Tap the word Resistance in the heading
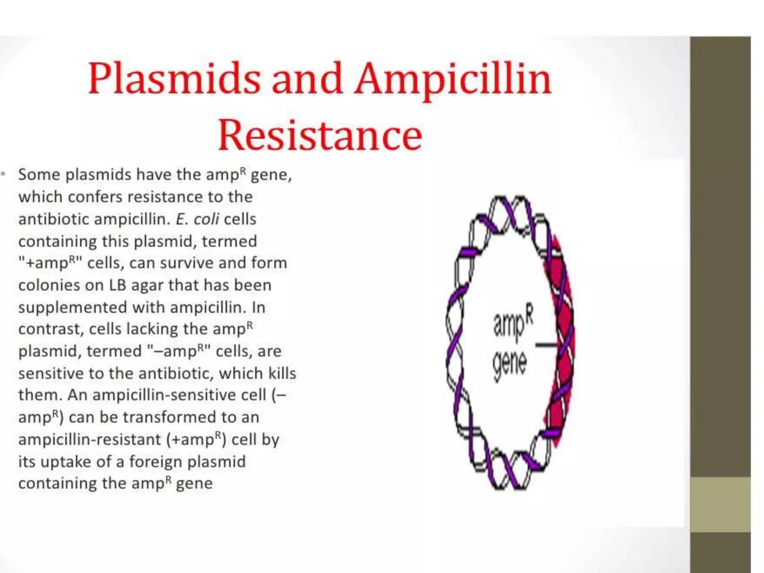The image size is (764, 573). pyautogui.click(x=320, y=135)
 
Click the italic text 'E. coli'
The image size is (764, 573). pyautogui.click(x=197, y=219)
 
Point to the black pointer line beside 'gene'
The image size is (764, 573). pyautogui.click(x=546, y=345)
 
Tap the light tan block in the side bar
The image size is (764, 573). pyautogui.click(x=720, y=504)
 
